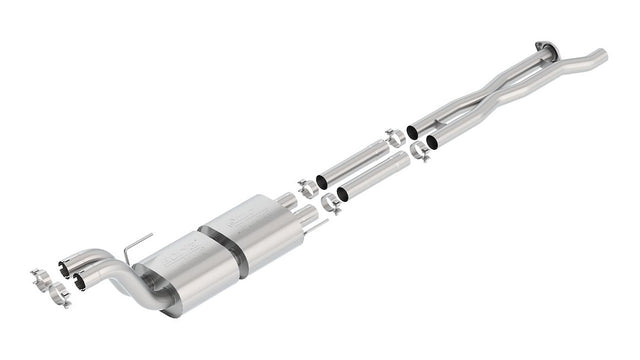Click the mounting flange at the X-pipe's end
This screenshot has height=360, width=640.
coord(543,46)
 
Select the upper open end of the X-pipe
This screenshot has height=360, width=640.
coord(412,132)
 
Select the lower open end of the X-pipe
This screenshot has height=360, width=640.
coord(431,142)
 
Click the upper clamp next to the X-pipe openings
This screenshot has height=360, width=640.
coord(395,137)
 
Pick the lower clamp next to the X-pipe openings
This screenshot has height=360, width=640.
coord(419,153)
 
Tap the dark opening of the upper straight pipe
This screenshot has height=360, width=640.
coord(322,182)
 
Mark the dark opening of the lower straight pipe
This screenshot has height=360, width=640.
coord(343,193)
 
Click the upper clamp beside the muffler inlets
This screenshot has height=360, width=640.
coord(306,188)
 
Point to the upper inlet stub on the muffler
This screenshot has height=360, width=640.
coord(299,201)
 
